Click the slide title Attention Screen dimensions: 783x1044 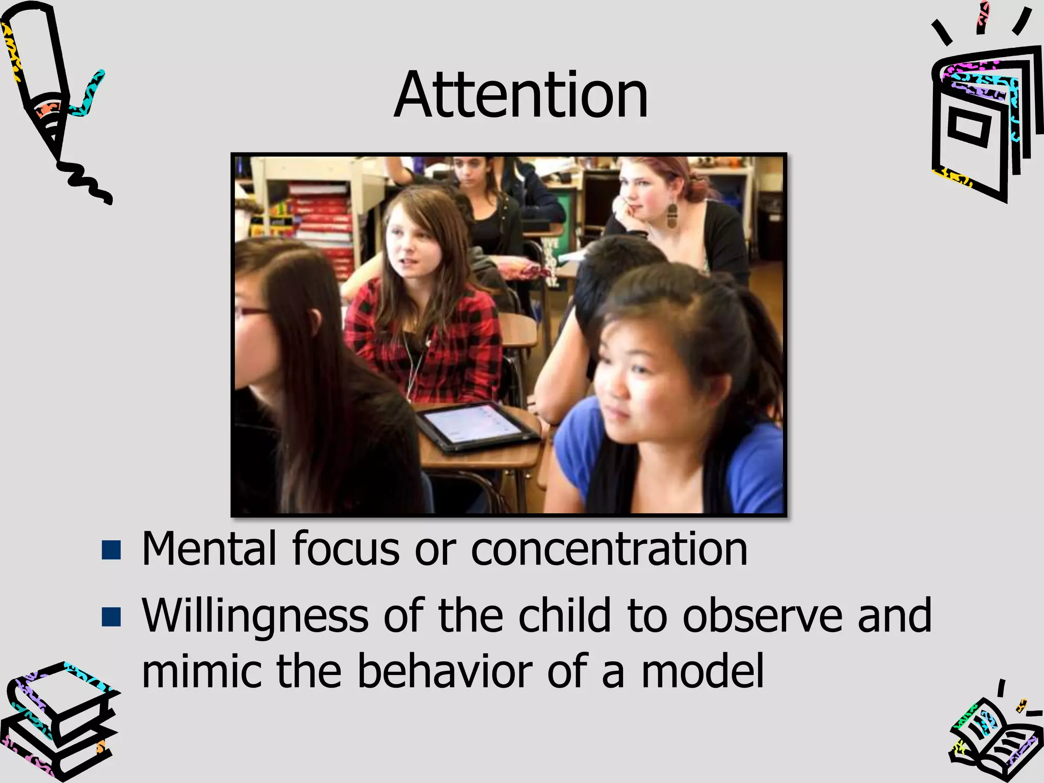(x=521, y=95)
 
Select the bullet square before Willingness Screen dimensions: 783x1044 (x=111, y=616)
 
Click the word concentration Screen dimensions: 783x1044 (x=609, y=550)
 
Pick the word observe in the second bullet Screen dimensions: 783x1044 (x=762, y=616)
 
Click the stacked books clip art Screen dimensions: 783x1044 (x=59, y=724)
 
